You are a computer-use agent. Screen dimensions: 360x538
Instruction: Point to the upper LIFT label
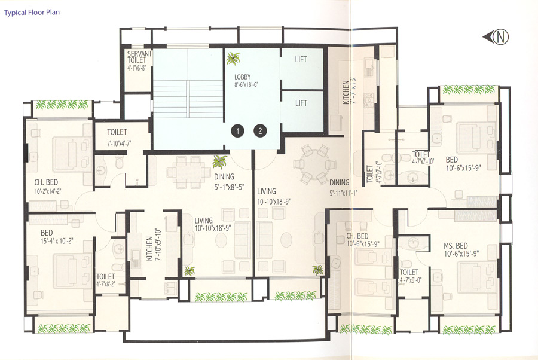(x=301, y=60)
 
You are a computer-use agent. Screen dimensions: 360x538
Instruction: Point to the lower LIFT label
(x=301, y=103)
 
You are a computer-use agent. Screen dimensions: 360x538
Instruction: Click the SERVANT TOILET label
(x=139, y=57)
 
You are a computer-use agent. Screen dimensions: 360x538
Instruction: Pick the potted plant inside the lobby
(x=233, y=59)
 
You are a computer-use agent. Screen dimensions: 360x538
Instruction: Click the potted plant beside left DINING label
(x=221, y=161)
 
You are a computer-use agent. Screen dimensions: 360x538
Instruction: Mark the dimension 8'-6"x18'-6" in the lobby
(x=246, y=85)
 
